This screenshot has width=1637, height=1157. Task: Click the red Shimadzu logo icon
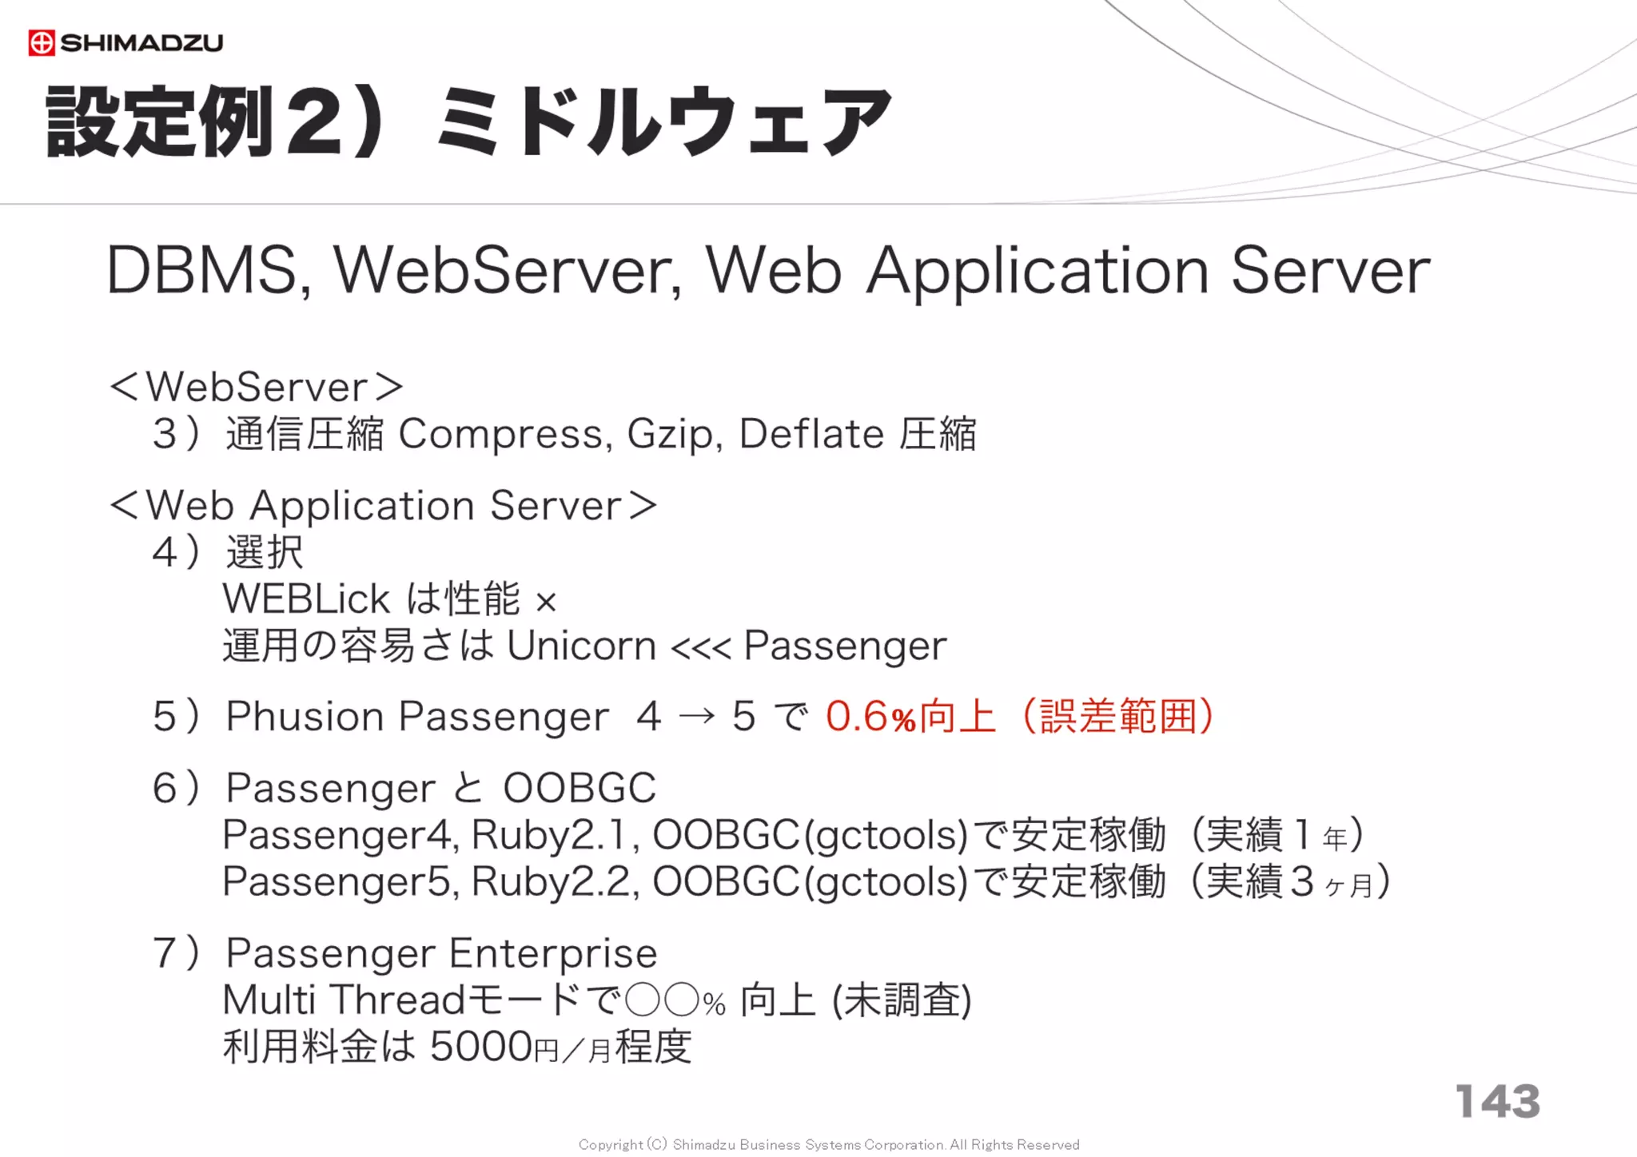pyautogui.click(x=42, y=42)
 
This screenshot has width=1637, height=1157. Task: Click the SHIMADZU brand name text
pyautogui.click(x=141, y=42)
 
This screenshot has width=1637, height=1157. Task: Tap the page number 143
pyautogui.click(x=1497, y=1101)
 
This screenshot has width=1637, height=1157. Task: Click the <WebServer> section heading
pyautogui.click(x=256, y=388)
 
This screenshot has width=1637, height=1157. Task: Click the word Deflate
pyautogui.click(x=811, y=434)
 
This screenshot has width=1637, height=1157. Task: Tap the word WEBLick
pyautogui.click(x=306, y=599)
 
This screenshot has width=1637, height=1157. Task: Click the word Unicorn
pyautogui.click(x=581, y=646)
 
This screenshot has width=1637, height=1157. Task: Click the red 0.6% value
pyautogui.click(x=870, y=717)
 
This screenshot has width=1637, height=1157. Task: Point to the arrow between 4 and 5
pyautogui.click(x=696, y=716)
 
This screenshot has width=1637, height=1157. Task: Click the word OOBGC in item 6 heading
pyautogui.click(x=580, y=789)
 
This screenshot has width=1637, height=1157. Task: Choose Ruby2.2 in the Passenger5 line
pyautogui.click(x=553, y=882)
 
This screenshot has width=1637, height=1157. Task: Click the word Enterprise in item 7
pyautogui.click(x=552, y=954)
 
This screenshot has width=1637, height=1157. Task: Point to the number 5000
pyautogui.click(x=481, y=1047)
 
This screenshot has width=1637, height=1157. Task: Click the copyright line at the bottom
pyautogui.click(x=828, y=1144)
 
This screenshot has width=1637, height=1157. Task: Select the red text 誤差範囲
pyautogui.click(x=1117, y=716)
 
